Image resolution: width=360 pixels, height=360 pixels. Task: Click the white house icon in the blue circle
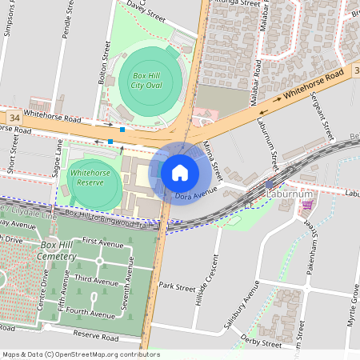[x=180, y=172]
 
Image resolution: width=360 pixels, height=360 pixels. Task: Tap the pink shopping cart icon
[x=307, y=206]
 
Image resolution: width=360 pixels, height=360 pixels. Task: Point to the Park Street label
[x=177, y=286]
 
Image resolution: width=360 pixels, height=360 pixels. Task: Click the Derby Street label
[x=261, y=342]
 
